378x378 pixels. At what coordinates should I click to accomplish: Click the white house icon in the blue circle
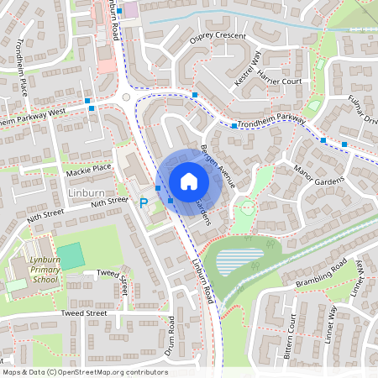[188, 181]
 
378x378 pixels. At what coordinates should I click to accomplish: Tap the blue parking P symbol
[144, 202]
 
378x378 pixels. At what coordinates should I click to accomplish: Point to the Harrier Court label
[281, 81]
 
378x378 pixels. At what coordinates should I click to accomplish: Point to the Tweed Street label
[83, 312]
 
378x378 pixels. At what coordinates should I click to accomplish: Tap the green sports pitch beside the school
[71, 255]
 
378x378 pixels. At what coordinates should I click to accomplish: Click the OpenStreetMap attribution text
[85, 371]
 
